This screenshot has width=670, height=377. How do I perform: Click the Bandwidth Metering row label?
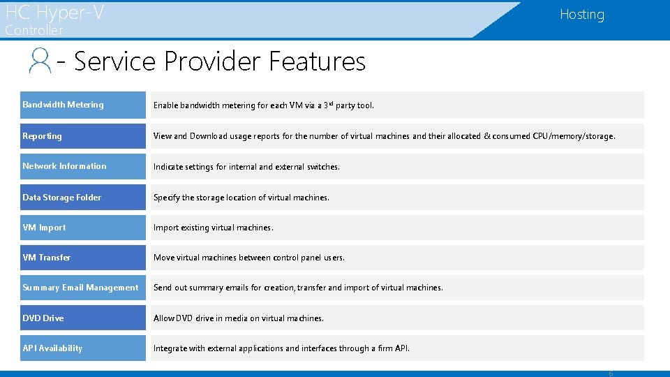(63, 105)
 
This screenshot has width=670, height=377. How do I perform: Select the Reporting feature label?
(42, 136)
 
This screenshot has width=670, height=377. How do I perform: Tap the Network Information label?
(64, 166)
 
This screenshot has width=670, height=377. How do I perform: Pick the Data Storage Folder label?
(61, 198)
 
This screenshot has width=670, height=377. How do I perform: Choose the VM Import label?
(44, 228)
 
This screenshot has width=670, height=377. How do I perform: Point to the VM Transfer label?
(46, 258)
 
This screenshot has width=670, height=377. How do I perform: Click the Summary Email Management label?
(80, 288)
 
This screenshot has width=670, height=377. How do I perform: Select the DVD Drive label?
(43, 318)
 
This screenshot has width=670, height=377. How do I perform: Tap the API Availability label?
(52, 348)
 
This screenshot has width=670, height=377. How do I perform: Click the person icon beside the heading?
(40, 61)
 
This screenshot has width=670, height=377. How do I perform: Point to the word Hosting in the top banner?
(582, 15)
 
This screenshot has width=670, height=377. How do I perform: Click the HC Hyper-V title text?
(54, 12)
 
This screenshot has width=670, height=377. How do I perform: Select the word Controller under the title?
(33, 31)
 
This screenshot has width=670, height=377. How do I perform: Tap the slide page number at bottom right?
(611, 373)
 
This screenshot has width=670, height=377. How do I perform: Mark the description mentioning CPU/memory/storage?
(385, 136)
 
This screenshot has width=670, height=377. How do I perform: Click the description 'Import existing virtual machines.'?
(214, 228)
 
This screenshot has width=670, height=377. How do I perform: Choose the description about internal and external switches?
(246, 167)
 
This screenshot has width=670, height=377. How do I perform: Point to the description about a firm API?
(281, 348)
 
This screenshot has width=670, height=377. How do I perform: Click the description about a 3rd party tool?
(264, 105)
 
